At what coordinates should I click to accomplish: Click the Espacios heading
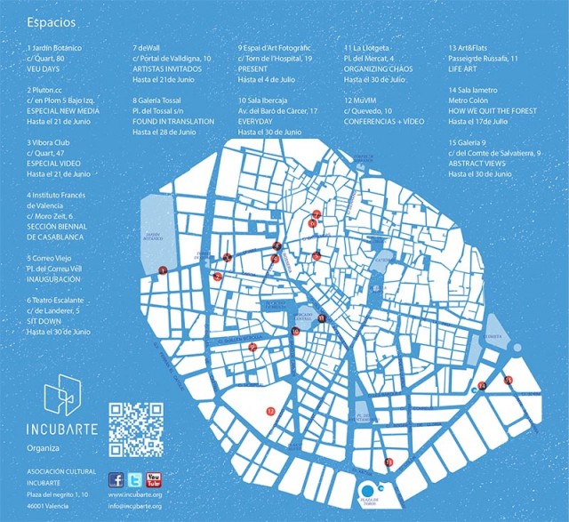coord(51,20)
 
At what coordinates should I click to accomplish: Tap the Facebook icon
coord(116,478)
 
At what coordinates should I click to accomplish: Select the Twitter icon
coord(135,478)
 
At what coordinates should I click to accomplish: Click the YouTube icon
coord(154,478)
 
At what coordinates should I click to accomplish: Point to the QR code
coord(135,430)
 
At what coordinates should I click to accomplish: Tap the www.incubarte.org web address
coord(134,494)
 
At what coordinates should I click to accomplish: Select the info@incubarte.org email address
coord(134,507)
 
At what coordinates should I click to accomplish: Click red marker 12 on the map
coord(270,411)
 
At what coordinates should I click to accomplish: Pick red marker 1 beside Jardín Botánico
coord(162,269)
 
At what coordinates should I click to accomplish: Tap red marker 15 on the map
coord(508,380)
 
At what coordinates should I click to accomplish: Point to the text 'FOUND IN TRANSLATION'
coord(173,120)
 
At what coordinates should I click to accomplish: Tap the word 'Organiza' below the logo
coord(44,447)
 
